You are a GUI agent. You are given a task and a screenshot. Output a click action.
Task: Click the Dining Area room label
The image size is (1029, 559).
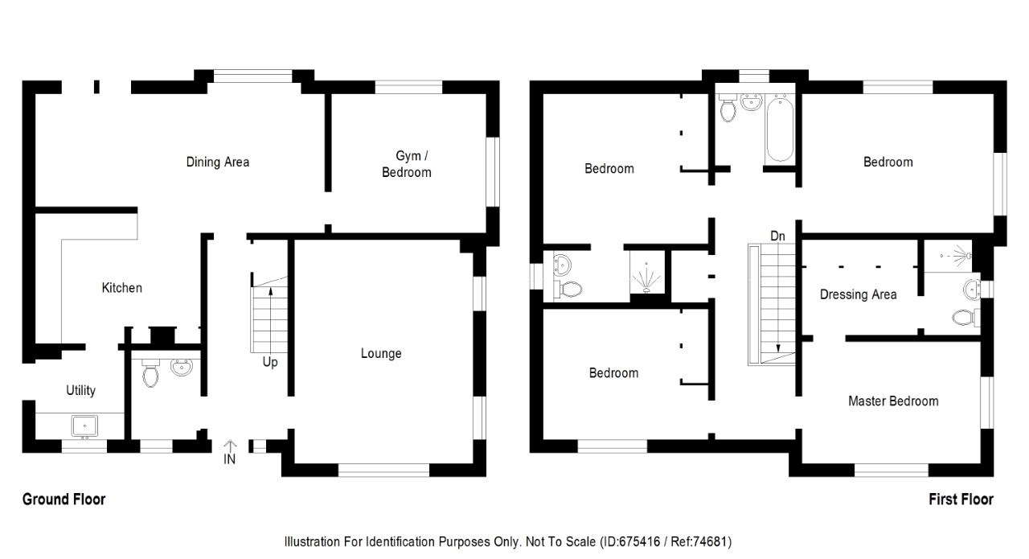pyautogui.click(x=217, y=162)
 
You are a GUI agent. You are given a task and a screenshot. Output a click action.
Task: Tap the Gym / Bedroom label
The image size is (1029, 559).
pyautogui.click(x=406, y=163)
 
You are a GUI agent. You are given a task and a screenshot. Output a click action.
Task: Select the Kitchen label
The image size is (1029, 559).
pyautogui.click(x=121, y=287)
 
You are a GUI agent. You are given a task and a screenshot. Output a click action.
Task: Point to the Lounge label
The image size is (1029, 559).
pyautogui.click(x=381, y=353)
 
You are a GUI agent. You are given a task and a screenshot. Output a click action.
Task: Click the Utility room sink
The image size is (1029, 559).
pyautogui.click(x=84, y=425)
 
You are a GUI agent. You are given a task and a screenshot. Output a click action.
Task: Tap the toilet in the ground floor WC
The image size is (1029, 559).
pyautogui.click(x=150, y=373)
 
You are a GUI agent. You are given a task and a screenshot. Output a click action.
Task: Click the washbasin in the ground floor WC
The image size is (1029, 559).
pyautogui.click(x=182, y=368)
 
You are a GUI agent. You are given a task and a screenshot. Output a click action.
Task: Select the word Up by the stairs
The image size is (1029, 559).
pyautogui.click(x=270, y=363)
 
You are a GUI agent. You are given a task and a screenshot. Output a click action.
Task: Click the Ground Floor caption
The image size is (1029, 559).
pyautogui.click(x=64, y=499)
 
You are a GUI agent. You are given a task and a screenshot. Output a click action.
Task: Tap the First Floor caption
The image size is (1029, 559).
pyautogui.click(x=961, y=499)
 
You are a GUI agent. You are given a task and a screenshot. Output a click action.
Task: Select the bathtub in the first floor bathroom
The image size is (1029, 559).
pyautogui.click(x=778, y=128)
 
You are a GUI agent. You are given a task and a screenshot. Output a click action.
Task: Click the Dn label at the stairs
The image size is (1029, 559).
pyautogui.click(x=777, y=236)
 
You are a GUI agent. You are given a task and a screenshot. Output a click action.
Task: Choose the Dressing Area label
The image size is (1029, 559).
pyautogui.click(x=858, y=294)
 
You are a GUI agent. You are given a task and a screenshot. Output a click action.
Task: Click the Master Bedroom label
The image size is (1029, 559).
pyautogui.click(x=893, y=401)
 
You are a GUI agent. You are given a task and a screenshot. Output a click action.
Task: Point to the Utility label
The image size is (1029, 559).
pyautogui.click(x=80, y=390)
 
